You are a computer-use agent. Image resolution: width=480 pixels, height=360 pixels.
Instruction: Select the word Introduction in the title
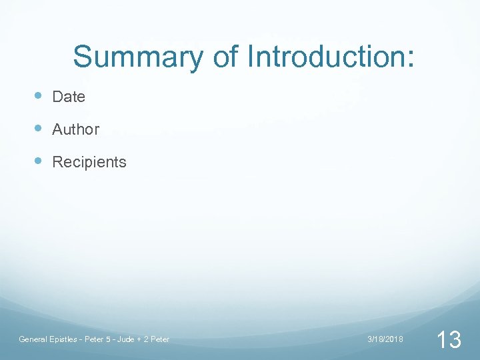pos(325,57)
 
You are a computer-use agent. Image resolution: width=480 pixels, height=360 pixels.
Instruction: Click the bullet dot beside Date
pos(39,96)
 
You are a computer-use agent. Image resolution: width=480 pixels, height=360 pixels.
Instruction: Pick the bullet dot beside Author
pos(39,129)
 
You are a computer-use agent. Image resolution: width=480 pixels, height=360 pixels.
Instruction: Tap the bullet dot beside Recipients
pos(39,161)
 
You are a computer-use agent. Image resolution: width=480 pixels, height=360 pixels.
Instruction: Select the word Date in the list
pos(69,97)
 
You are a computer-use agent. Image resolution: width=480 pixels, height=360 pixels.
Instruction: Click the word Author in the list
pos(75,129)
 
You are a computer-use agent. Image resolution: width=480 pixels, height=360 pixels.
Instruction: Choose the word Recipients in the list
pos(89,162)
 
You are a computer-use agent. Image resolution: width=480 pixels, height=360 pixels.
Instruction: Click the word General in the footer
pos(32,339)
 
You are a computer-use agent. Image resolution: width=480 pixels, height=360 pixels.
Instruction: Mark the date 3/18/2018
pos(385,339)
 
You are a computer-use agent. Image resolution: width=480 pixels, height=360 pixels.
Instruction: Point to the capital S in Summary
pos(82,57)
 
